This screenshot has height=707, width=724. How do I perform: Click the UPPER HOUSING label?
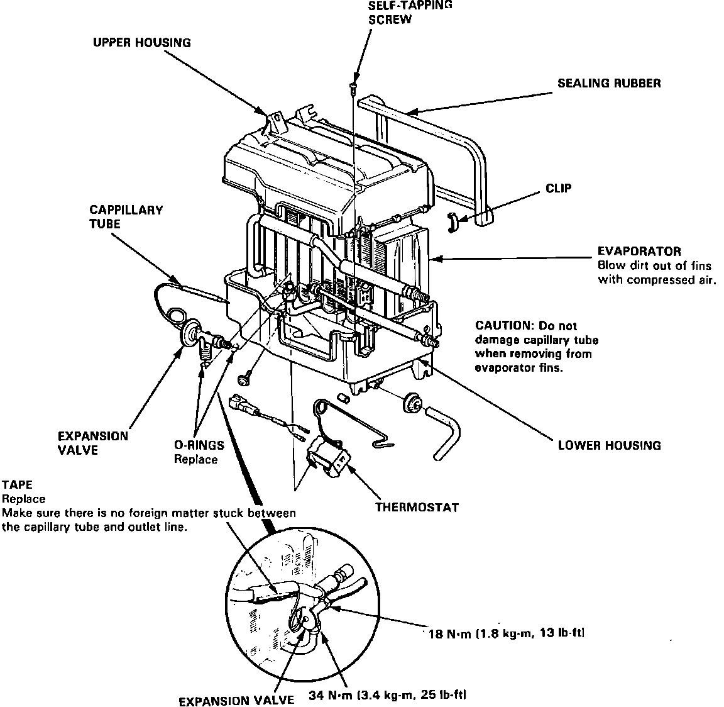141,43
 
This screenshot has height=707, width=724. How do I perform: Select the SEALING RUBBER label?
609,84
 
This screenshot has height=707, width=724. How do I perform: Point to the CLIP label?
559,189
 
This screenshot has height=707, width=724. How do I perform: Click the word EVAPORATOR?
639,252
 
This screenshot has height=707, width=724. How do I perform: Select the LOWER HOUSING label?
609,445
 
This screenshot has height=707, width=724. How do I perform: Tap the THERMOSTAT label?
417,506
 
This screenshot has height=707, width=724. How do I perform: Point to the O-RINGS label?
199,445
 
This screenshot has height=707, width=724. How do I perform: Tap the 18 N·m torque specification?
505,633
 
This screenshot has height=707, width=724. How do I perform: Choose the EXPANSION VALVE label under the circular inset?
236,700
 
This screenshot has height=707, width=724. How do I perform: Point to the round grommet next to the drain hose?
412,402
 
